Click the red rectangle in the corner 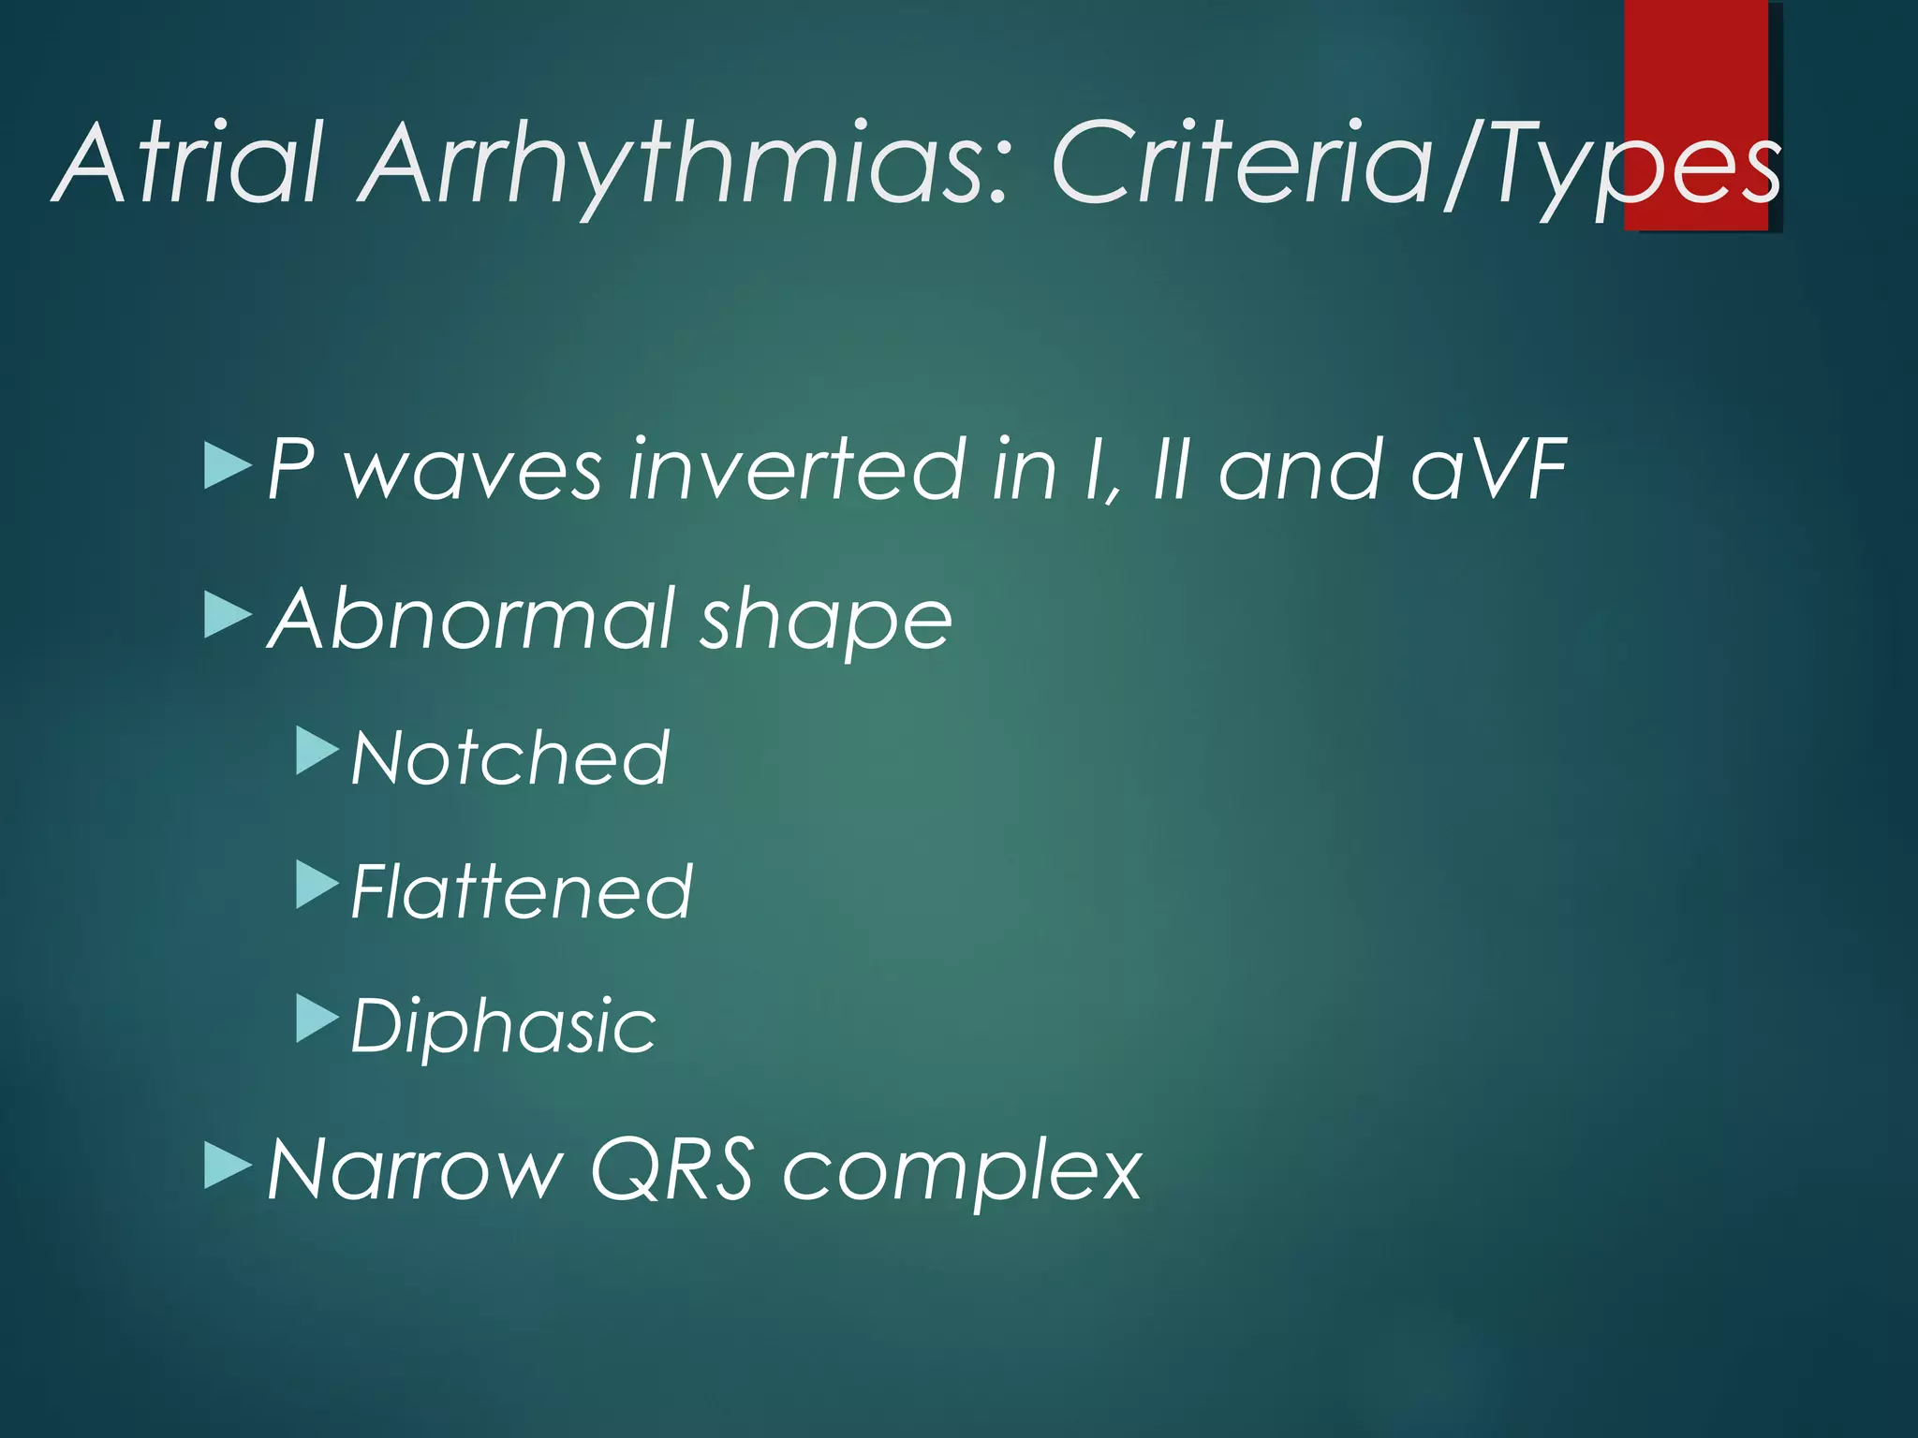click(1695, 56)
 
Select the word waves click(473, 473)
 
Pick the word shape click(826, 623)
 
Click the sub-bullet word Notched click(510, 757)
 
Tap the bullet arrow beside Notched click(317, 751)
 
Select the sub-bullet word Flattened click(522, 891)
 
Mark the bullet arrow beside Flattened click(317, 885)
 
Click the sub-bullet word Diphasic click(504, 1026)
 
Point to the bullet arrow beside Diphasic click(317, 1019)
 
